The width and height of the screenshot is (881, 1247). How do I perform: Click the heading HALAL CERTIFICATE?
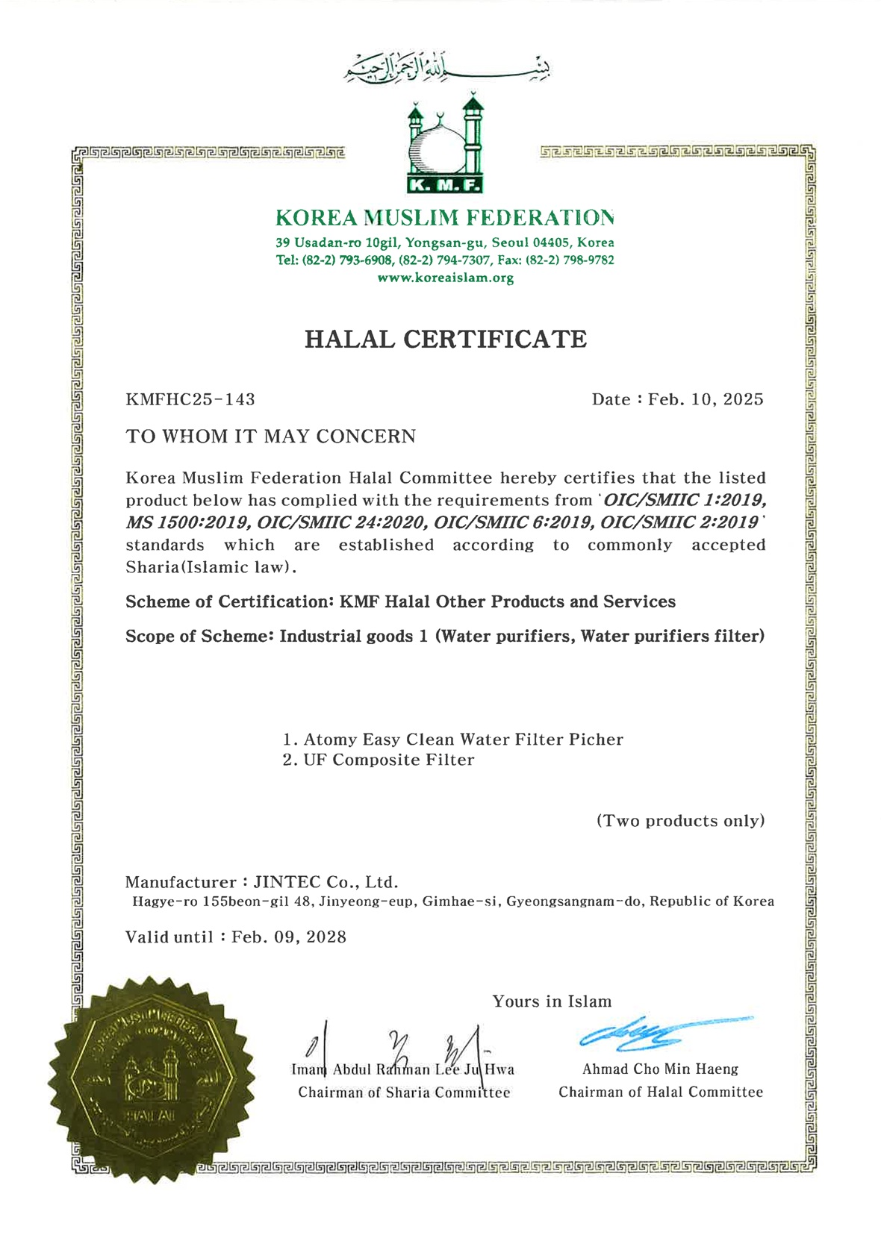tap(446, 339)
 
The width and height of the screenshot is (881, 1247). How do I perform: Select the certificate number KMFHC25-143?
tap(190, 399)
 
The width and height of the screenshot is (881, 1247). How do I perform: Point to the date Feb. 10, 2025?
tap(706, 399)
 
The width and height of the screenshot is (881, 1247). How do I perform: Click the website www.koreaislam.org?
tap(445, 278)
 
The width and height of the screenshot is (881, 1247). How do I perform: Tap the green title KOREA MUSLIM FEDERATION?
tap(445, 218)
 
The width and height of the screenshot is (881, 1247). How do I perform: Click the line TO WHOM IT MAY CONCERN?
tap(270, 437)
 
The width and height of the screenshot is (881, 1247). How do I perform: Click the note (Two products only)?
tap(680, 821)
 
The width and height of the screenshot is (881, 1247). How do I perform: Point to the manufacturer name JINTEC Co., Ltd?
tap(326, 882)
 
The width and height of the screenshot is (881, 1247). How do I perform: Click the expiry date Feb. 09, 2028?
tap(289, 937)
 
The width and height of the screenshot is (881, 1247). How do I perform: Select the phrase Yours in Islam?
tap(552, 1001)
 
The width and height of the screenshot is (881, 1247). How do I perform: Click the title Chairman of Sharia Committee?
tap(404, 1093)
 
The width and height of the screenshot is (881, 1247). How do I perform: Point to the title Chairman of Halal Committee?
tap(661, 1093)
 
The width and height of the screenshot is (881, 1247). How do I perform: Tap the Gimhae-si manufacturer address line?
tap(453, 901)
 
